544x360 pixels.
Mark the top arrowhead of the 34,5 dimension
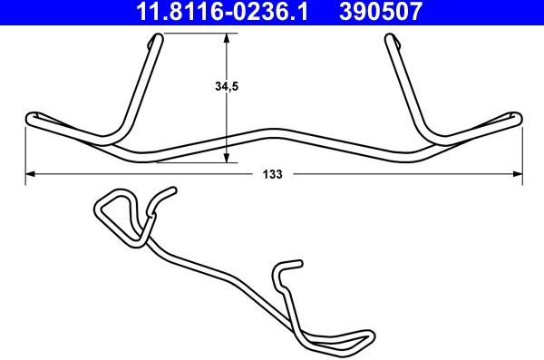click(226, 38)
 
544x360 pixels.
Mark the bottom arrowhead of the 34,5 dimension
click(226, 159)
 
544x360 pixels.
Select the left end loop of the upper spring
click(31, 117)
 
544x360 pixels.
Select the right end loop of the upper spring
click(517, 117)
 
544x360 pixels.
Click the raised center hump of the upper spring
click(272, 131)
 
